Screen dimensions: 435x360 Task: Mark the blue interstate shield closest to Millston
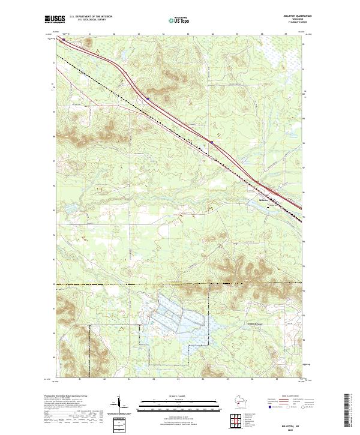coord(211,142)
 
